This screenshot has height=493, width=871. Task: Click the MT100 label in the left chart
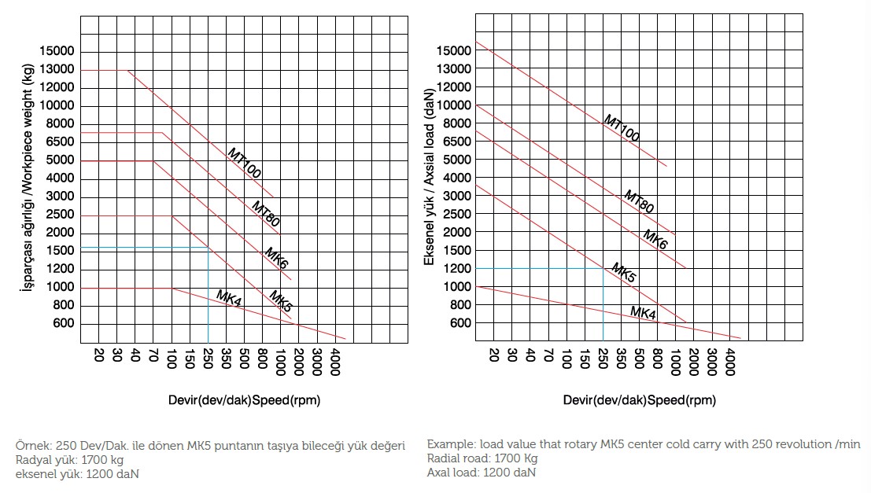click(x=245, y=163)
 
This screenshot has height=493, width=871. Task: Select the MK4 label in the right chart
click(x=643, y=313)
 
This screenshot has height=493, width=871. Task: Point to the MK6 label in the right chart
click(x=655, y=240)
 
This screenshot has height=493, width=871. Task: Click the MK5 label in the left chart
click(x=280, y=301)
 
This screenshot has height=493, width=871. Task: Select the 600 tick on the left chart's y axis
click(x=65, y=323)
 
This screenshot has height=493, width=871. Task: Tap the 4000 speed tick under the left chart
click(x=334, y=362)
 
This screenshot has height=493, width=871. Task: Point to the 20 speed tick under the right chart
click(x=493, y=355)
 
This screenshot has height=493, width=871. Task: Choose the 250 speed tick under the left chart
click(x=208, y=359)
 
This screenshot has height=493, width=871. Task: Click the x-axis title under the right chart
click(x=640, y=400)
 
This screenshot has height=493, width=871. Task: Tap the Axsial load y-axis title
click(x=430, y=187)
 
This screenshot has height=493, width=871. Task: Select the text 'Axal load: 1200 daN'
click(x=482, y=473)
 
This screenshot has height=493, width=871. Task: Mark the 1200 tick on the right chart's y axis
click(x=457, y=269)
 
